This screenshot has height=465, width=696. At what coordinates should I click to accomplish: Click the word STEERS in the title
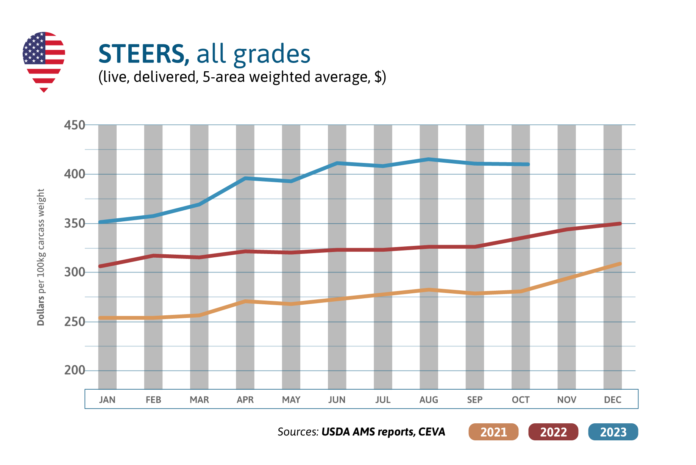coord(141,54)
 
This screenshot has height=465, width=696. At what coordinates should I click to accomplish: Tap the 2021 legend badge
coord(493,432)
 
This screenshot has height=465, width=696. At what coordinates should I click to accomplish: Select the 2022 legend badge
coord(553,432)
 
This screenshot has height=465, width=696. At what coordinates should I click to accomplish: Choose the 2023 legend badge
coord(613,432)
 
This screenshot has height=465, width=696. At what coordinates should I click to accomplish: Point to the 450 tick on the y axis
coord(75,125)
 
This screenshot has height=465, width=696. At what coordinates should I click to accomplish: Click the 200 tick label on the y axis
coord(75,370)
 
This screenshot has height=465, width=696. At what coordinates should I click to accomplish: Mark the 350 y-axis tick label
coord(75,224)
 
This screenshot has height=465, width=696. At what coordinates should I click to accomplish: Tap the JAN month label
coord(107,400)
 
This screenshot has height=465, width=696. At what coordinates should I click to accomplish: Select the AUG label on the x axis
coord(429,400)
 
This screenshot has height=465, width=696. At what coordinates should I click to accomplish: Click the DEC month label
coord(612,400)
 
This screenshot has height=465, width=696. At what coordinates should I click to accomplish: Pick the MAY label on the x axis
coord(291,400)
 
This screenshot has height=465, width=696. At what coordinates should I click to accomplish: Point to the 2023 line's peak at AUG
coord(429,159)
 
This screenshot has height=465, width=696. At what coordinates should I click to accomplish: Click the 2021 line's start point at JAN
coord(101,318)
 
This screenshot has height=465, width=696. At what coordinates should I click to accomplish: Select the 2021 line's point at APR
coord(245,301)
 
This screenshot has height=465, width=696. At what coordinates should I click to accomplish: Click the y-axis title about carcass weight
coord(41,258)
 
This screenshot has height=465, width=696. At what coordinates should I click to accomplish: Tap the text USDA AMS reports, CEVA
coord(383,432)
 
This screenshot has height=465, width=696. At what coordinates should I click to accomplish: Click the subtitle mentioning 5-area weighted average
coord(242,77)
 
